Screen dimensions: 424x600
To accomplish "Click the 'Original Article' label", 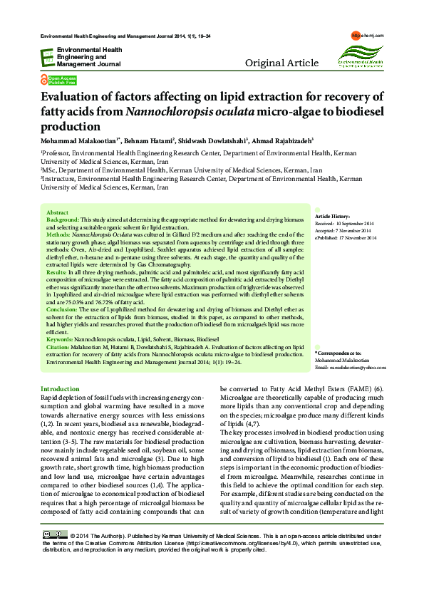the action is [281, 63].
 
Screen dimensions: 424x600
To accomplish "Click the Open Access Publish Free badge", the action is [59, 80].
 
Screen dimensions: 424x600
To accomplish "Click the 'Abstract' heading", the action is [57, 213].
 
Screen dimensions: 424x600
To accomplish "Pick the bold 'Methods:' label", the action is [58, 234].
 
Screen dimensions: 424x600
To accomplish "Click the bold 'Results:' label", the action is [57, 273].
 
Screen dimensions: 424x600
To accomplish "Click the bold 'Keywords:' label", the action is [60, 339].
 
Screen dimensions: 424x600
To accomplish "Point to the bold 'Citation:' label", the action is [58, 346].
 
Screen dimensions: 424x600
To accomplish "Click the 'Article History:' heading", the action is [332, 216].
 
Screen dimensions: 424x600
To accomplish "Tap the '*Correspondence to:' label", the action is [338, 353].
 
